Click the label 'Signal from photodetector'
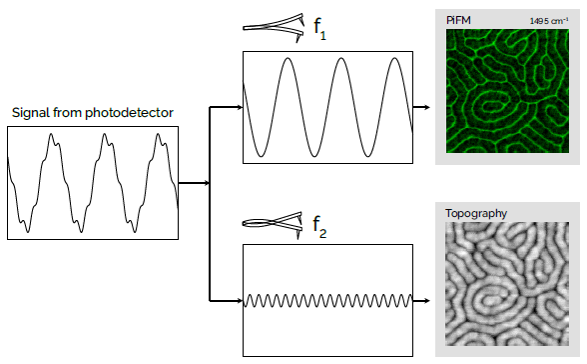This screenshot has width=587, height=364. [x=91, y=113]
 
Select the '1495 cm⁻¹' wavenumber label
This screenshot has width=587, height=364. [x=546, y=19]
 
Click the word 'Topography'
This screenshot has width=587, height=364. [x=477, y=213]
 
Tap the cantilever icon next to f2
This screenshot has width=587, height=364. [x=274, y=222]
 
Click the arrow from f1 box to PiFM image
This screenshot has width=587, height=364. [x=423, y=107]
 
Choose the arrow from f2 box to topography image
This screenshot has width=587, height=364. [x=423, y=300]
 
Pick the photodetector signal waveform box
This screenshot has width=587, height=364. [x=93, y=183]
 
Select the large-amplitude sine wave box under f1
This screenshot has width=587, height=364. [x=327, y=107]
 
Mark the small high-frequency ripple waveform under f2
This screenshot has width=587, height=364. [x=327, y=300]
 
